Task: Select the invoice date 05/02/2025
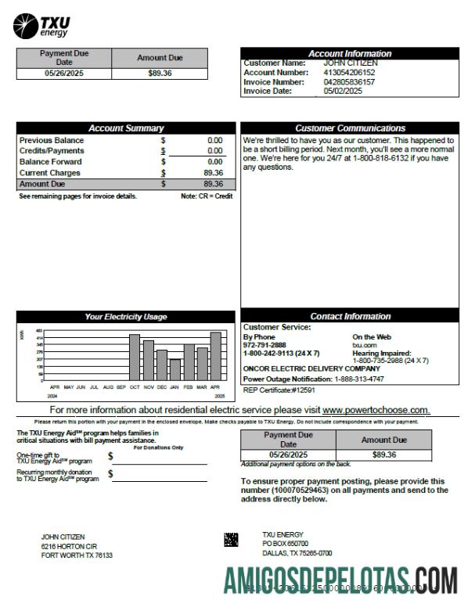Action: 343,91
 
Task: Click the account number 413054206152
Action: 349,72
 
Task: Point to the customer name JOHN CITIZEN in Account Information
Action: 351,63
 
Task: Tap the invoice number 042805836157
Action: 349,81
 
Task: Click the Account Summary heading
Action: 125,128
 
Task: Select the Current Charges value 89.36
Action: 213,173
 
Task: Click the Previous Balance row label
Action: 52,140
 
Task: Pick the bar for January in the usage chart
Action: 175,370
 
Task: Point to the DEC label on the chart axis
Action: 161,387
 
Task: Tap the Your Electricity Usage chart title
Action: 125,317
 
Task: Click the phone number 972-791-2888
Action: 264,345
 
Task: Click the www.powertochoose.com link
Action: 376,410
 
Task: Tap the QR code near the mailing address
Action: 231,540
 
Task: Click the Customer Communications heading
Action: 350,128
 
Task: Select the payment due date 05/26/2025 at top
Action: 64,74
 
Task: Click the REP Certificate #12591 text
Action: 279,389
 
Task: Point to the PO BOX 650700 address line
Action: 285,543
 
